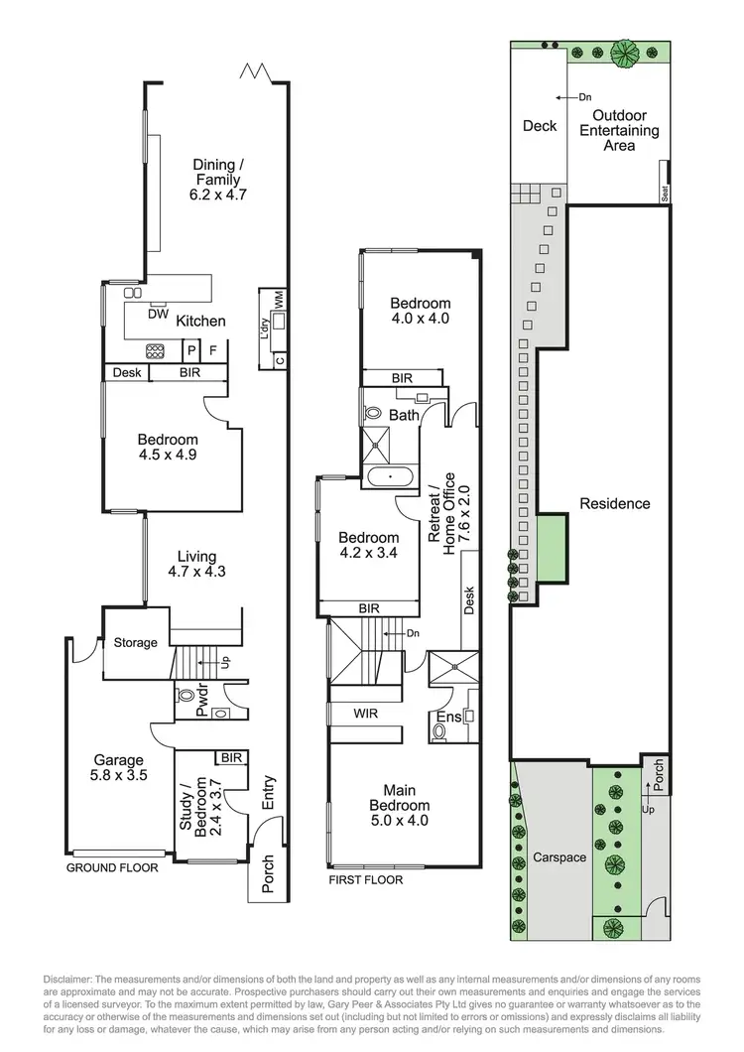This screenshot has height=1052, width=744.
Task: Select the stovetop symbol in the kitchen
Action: tap(157, 350)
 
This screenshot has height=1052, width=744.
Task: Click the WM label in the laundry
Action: tap(281, 298)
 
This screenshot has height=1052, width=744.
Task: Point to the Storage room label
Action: tap(135, 642)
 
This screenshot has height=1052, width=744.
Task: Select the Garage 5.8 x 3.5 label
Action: tap(119, 768)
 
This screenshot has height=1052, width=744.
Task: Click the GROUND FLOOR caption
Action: tap(112, 867)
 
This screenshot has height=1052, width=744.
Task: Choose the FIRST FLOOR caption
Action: tap(366, 879)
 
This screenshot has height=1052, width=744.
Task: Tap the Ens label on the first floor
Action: tap(447, 718)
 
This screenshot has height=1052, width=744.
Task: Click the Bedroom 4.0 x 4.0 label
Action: tap(420, 311)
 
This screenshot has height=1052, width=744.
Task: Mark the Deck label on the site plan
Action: tap(540, 126)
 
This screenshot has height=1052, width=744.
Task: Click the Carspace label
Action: tap(559, 856)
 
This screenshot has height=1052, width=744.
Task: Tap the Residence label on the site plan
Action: tap(615, 503)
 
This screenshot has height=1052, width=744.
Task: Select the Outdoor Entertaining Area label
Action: tap(619, 130)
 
